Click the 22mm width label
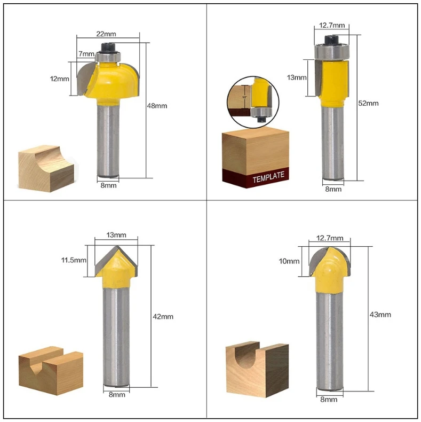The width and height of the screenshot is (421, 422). (103, 33)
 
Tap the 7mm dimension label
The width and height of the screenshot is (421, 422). (85, 53)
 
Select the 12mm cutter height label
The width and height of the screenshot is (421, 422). (59, 79)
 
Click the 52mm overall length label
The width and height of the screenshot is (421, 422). (368, 103)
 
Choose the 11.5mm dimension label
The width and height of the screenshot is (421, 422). (73, 260)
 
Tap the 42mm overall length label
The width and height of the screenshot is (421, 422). (163, 316)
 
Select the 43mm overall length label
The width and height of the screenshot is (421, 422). (380, 315)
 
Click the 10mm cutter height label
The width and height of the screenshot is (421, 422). (289, 261)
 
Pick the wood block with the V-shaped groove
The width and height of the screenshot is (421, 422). (51, 369)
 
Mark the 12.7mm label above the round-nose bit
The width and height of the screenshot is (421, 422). (330, 239)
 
